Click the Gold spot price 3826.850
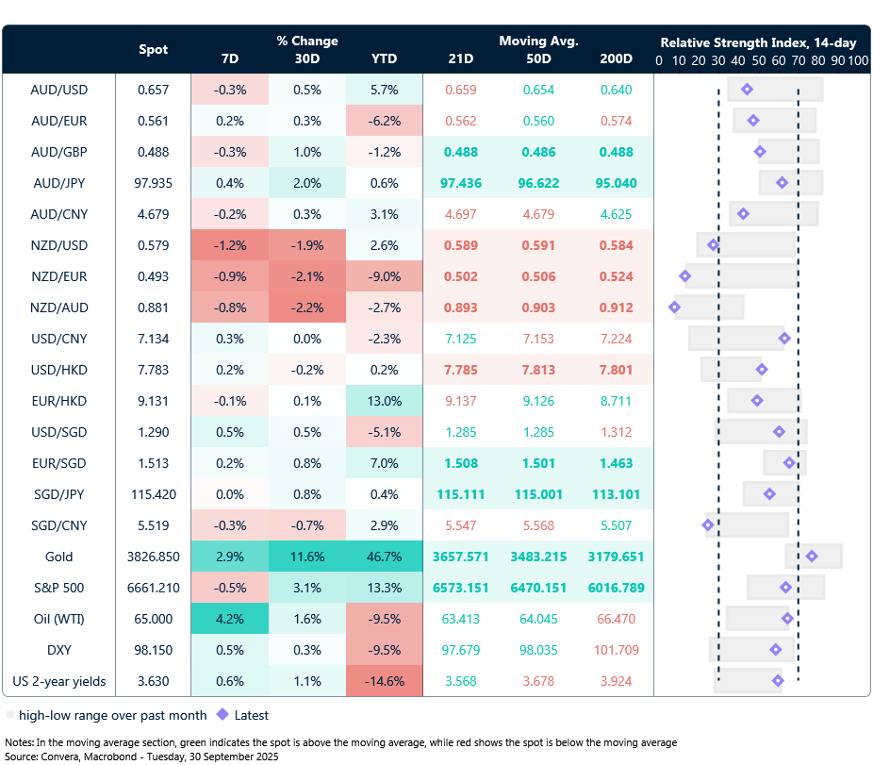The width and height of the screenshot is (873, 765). click(x=154, y=557)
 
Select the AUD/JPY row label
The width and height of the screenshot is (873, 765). click(x=59, y=183)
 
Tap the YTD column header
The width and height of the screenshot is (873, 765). click(x=384, y=59)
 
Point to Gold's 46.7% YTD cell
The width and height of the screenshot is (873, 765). click(x=384, y=557)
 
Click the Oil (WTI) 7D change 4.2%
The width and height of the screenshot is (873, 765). click(x=229, y=619)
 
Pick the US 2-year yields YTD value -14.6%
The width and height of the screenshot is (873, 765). click(x=384, y=681)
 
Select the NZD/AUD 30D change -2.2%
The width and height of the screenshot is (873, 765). click(x=306, y=308)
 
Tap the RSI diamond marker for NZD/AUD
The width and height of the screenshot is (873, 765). click(x=674, y=308)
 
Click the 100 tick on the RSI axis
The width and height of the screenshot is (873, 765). click(x=857, y=60)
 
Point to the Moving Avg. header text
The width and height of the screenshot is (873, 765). click(x=538, y=42)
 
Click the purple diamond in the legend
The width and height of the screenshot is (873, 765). click(x=222, y=715)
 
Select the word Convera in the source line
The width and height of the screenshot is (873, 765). click(x=61, y=757)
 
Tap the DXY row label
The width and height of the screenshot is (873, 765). click(x=59, y=650)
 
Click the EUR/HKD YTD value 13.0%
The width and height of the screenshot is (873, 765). click(x=384, y=401)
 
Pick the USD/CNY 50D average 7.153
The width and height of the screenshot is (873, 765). click(x=538, y=339)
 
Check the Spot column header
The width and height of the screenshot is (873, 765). click(x=154, y=50)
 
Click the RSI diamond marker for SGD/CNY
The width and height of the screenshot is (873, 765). click(x=708, y=525)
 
